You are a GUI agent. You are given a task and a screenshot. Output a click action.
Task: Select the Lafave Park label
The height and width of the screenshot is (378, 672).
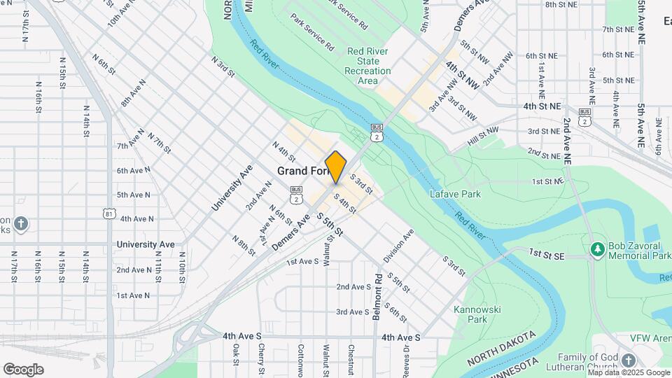(456, 194)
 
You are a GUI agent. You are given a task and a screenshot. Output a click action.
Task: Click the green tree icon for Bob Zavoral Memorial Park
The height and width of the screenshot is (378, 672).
(597, 249)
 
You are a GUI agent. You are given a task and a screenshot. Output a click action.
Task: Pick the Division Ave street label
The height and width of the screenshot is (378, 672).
(398, 245)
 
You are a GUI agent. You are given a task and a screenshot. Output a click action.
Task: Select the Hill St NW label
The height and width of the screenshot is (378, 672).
(483, 134)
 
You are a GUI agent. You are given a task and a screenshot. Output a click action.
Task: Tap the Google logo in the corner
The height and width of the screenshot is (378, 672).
(23, 369)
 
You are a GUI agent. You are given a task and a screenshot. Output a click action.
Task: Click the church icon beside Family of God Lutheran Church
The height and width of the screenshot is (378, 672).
(628, 360)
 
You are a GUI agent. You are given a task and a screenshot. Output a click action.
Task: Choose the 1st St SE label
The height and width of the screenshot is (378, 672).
(547, 253)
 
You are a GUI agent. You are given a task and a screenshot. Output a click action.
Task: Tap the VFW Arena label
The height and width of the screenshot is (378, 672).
(650, 337)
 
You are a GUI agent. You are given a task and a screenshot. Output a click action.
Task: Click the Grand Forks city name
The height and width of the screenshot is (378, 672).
(302, 171)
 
